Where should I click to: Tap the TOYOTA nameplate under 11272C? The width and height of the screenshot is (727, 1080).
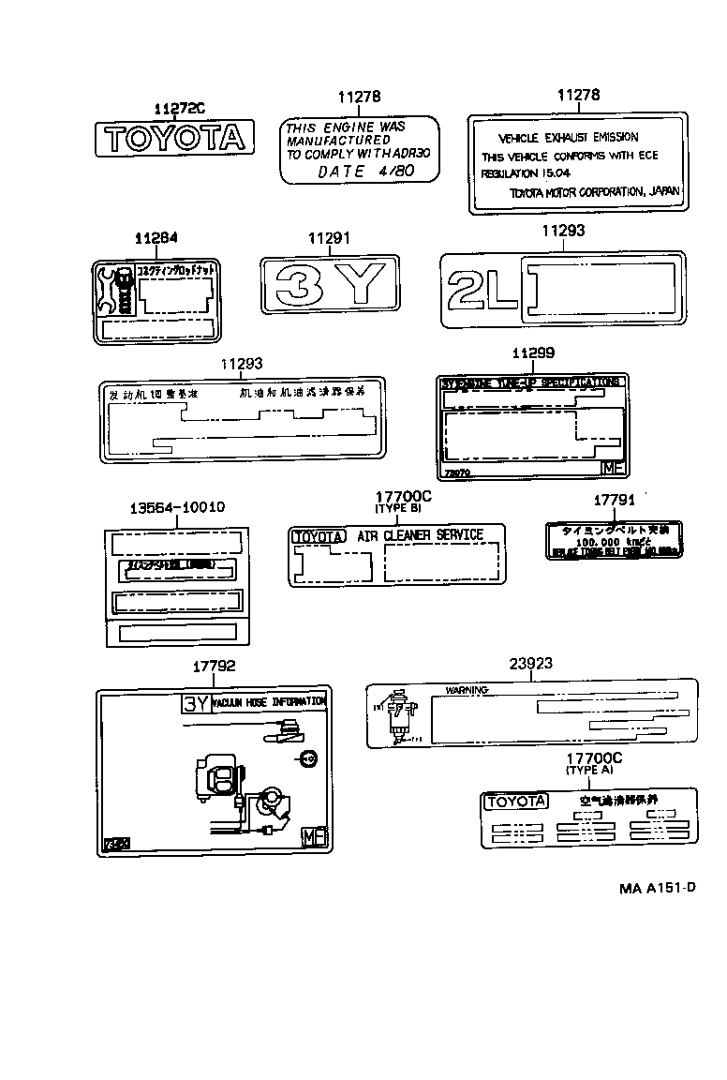coord(175,139)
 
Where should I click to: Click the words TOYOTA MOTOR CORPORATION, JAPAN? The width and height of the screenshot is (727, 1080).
coord(594,192)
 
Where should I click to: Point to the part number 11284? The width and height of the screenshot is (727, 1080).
coord(156,240)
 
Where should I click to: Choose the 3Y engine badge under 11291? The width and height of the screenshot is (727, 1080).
coord(330,284)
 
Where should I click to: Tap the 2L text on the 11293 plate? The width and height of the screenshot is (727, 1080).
coord(482,288)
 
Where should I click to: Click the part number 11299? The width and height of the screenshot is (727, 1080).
coord(533,352)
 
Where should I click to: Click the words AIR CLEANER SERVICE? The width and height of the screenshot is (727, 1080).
coord(420,535)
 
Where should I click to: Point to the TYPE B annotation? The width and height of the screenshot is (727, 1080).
coord(398,507)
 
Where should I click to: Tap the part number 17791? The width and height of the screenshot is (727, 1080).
coord(616,502)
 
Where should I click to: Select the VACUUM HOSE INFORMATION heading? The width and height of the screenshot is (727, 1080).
coord(270,701)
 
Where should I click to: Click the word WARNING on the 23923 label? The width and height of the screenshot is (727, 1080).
coord(467,690)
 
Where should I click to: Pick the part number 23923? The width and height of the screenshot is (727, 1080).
coord(530,663)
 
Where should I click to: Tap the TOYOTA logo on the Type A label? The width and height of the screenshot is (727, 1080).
coord(515,802)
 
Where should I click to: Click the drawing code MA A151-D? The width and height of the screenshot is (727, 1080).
coord(657,888)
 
